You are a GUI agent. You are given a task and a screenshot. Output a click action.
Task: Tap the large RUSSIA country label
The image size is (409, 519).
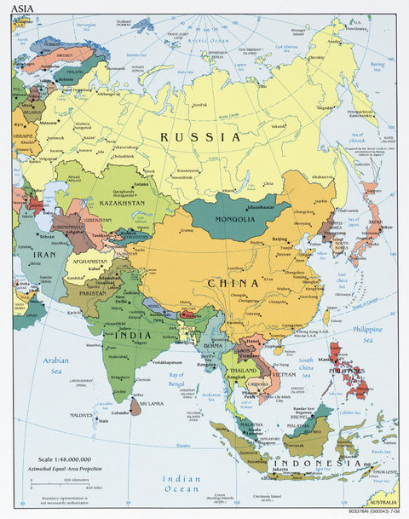(202, 136)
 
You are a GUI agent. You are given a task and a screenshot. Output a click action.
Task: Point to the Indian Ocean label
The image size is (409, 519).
(181, 484)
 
